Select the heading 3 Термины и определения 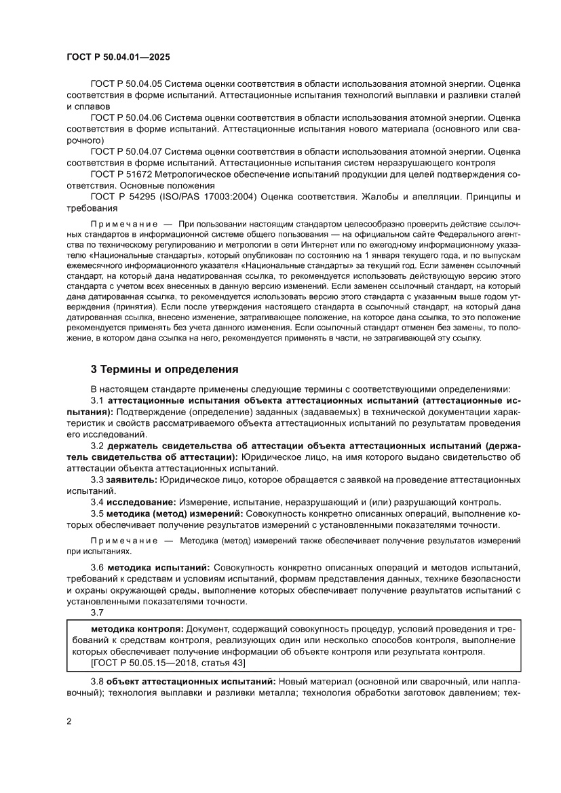[164, 369]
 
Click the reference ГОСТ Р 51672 [121, 174]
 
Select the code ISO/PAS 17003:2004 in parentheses [201, 196]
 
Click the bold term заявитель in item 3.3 [132, 480]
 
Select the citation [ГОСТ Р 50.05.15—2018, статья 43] [168, 662]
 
